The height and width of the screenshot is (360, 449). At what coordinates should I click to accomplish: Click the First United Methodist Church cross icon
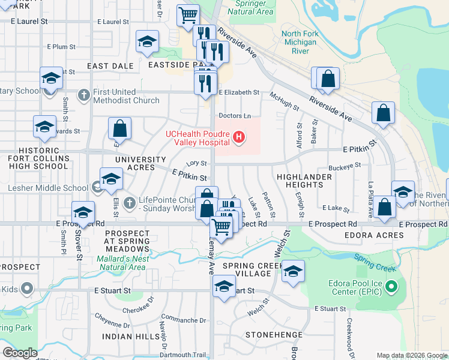pyautogui.click(x=84, y=95)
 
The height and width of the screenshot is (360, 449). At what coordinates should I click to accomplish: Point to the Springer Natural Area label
pyautogui.click(x=251, y=8)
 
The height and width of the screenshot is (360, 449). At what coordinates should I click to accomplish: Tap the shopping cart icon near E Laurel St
pyautogui.click(x=188, y=14)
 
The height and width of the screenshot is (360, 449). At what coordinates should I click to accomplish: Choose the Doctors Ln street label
pyautogui.click(x=234, y=115)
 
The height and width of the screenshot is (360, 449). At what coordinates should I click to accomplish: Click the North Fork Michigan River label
pyautogui.click(x=299, y=43)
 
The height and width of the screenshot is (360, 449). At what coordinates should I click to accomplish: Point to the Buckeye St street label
pyautogui.click(x=345, y=165)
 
